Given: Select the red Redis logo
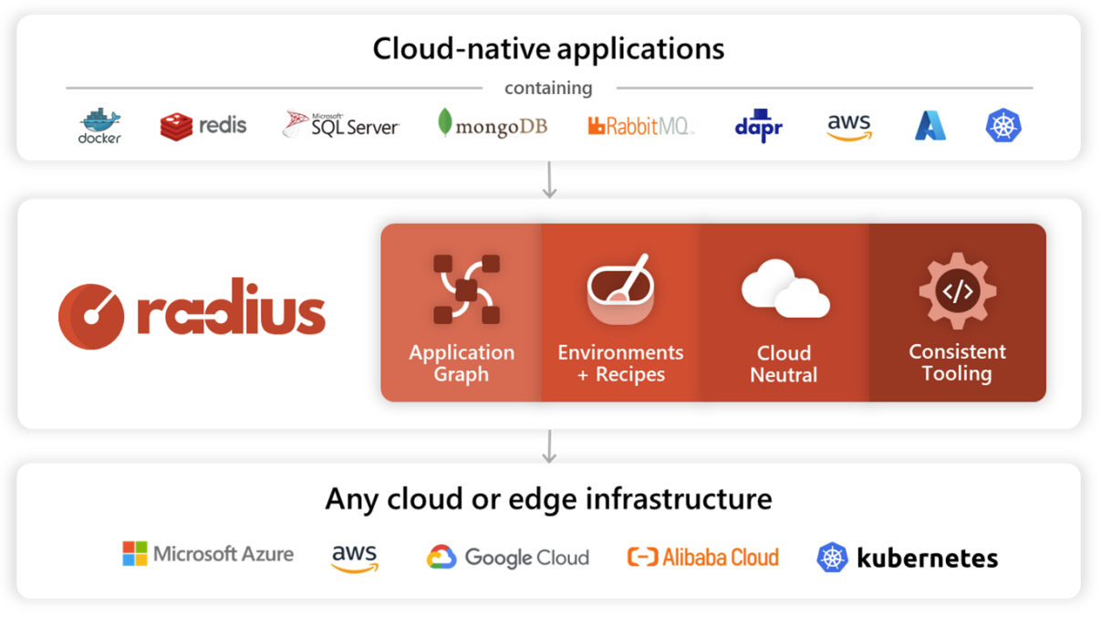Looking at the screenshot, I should pyautogui.click(x=203, y=126).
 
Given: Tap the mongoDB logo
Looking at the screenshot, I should pyautogui.click(x=493, y=124).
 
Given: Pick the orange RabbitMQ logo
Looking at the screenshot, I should pyautogui.click(x=640, y=126).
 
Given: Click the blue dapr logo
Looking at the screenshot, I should pyautogui.click(x=759, y=127).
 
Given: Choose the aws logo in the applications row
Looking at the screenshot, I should pyautogui.click(x=849, y=127).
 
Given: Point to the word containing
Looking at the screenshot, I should pyautogui.click(x=548, y=89).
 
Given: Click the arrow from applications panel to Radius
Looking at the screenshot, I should pyautogui.click(x=549, y=180).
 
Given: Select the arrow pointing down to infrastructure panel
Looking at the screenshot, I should pyautogui.click(x=549, y=445).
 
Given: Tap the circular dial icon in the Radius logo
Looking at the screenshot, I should pyautogui.click(x=91, y=316).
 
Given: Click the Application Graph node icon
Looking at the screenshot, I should pyautogui.click(x=466, y=289).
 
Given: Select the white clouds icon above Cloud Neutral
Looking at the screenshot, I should pyautogui.click(x=784, y=288).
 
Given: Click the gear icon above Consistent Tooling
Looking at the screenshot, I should pyautogui.click(x=957, y=291).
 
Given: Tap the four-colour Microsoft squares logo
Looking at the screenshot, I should pyautogui.click(x=135, y=554).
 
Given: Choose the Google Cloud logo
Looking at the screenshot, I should pyautogui.click(x=508, y=557).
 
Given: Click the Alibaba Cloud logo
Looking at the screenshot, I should pyautogui.click(x=703, y=557).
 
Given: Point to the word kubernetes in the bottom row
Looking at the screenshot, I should pyautogui.click(x=927, y=558).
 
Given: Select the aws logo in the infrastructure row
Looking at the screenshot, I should pyautogui.click(x=355, y=557).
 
